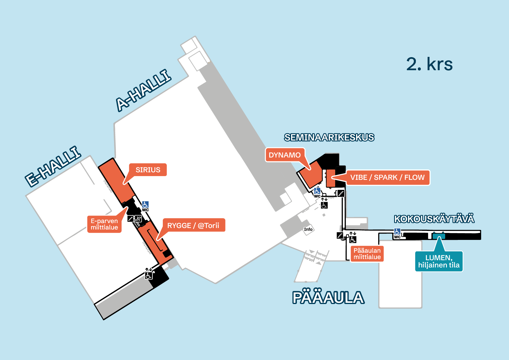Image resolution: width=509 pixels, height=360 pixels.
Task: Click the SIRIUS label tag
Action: [148, 170]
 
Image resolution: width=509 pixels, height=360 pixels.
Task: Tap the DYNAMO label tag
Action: [284, 155]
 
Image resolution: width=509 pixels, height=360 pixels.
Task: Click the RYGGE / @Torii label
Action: [193, 225]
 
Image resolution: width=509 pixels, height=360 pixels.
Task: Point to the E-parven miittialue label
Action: [104, 224]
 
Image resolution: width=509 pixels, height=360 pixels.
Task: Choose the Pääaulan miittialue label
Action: [367, 254]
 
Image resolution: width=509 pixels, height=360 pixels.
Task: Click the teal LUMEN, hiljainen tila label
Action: [438, 261]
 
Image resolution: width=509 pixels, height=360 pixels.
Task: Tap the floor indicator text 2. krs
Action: [429, 64]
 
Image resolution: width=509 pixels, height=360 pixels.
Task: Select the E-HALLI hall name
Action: [53, 166]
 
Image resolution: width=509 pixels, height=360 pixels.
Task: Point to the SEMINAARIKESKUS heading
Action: [329, 137]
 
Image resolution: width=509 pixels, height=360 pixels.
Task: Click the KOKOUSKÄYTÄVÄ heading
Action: [434, 219]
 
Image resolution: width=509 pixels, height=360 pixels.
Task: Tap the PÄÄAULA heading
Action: [328, 298]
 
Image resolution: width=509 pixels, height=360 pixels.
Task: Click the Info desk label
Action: [308, 229]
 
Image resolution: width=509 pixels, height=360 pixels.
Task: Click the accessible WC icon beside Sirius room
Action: [145, 205]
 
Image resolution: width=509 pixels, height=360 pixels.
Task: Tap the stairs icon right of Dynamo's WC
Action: [341, 193]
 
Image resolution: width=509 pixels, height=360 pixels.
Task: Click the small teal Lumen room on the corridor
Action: [438, 236]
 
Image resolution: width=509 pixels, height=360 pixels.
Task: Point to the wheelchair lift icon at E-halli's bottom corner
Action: [149, 275]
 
